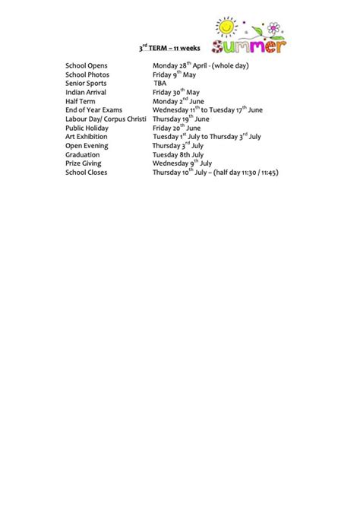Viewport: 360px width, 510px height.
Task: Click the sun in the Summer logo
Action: tap(226, 28)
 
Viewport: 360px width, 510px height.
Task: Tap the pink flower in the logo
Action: tap(273, 29)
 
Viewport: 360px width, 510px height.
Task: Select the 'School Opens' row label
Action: tap(87, 66)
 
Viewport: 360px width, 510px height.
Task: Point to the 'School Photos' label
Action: tap(87, 75)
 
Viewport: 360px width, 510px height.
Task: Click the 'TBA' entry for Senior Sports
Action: tap(159, 84)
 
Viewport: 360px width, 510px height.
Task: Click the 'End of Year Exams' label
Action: tap(93, 110)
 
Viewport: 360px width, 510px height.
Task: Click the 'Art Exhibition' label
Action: tap(87, 137)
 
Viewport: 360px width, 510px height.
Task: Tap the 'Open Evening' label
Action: tap(86, 146)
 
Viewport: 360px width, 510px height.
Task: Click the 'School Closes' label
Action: tap(87, 173)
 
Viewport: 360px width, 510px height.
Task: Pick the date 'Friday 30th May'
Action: tap(176, 93)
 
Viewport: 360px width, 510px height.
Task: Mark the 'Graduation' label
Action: tap(83, 154)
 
